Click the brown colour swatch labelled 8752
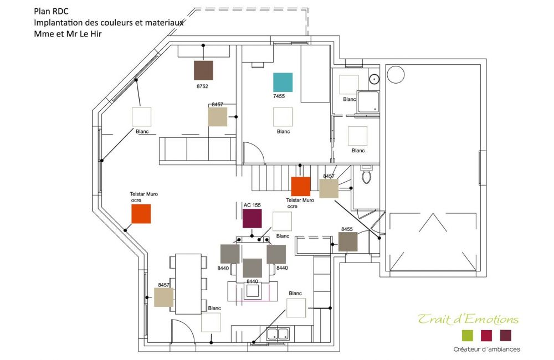click(x=203, y=70)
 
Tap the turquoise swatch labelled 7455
click(x=283, y=83)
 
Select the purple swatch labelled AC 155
click(x=252, y=218)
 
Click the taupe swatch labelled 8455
click(x=348, y=241)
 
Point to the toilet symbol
click(x=366, y=174)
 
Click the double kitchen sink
click(x=278, y=334)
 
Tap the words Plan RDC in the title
click(x=51, y=11)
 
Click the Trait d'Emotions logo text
click(x=468, y=319)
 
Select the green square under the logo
click(x=468, y=336)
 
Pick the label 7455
click(x=279, y=96)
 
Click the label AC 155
click(x=252, y=205)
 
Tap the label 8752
click(x=202, y=86)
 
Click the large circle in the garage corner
click(x=396, y=75)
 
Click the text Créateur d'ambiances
click(x=486, y=349)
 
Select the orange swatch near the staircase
click(x=301, y=187)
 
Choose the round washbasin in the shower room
click(x=374, y=79)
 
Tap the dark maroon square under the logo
click(x=506, y=336)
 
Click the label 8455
click(x=347, y=229)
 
